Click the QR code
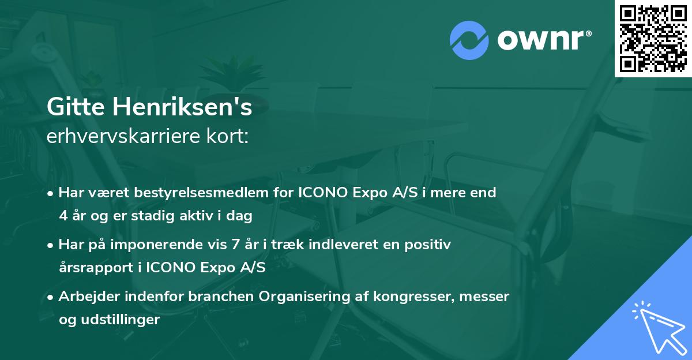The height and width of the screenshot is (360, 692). point(653,39)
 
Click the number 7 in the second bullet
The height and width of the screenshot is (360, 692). point(234,245)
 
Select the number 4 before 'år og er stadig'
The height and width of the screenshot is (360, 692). point(63,216)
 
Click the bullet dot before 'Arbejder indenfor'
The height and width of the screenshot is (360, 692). point(51,297)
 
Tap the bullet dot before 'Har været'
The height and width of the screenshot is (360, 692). point(51,193)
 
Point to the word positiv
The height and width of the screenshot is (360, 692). point(429,245)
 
